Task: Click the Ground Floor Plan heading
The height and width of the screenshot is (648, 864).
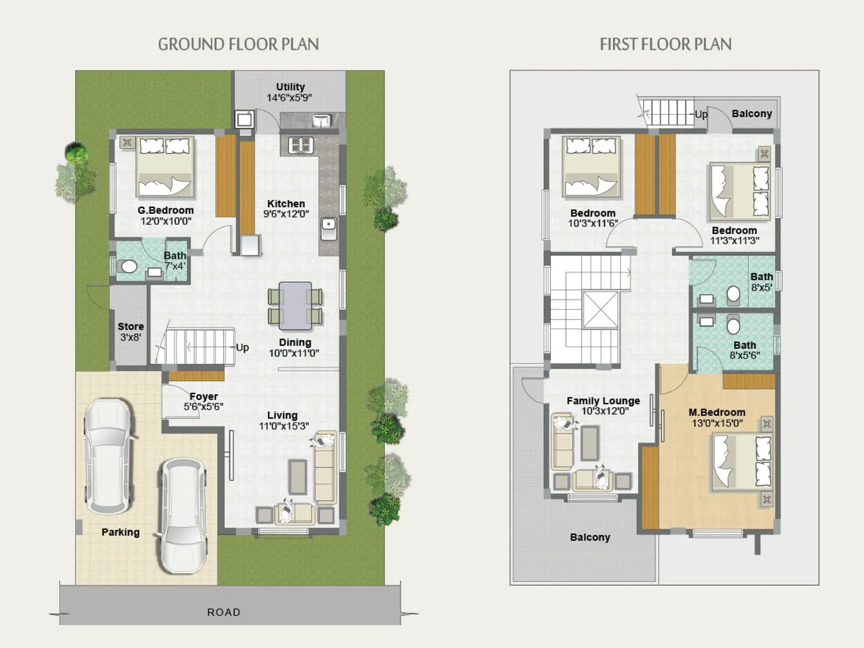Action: pyautogui.click(x=238, y=44)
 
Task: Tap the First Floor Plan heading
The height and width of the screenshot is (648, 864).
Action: pyautogui.click(x=665, y=44)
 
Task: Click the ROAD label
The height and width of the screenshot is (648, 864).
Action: pyautogui.click(x=224, y=612)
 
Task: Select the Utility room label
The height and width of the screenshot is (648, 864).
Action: pyautogui.click(x=291, y=87)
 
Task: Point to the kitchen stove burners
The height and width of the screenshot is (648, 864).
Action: pyautogui.click(x=301, y=145)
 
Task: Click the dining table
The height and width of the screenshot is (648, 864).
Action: pyautogui.click(x=295, y=306)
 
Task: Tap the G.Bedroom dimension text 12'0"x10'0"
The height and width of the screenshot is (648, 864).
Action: pyautogui.click(x=166, y=221)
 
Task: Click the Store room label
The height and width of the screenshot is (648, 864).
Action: pyautogui.click(x=131, y=327)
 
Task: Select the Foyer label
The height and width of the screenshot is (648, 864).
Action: pyautogui.click(x=204, y=396)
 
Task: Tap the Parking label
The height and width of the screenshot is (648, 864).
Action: pyautogui.click(x=120, y=532)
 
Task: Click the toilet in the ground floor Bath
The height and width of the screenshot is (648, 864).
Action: pyautogui.click(x=129, y=266)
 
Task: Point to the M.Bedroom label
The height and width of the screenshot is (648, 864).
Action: pyautogui.click(x=717, y=413)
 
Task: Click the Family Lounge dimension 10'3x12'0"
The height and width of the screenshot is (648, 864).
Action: pyautogui.click(x=604, y=411)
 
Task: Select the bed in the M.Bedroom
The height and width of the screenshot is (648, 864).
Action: pyautogui.click(x=741, y=462)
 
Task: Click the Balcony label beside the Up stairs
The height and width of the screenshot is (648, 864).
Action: pyautogui.click(x=752, y=114)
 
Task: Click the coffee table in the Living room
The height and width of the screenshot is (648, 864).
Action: pyautogui.click(x=297, y=476)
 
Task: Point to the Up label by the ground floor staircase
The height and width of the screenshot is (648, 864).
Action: pyautogui.click(x=242, y=347)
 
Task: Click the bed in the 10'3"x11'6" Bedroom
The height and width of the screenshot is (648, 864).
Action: pyautogui.click(x=591, y=166)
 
